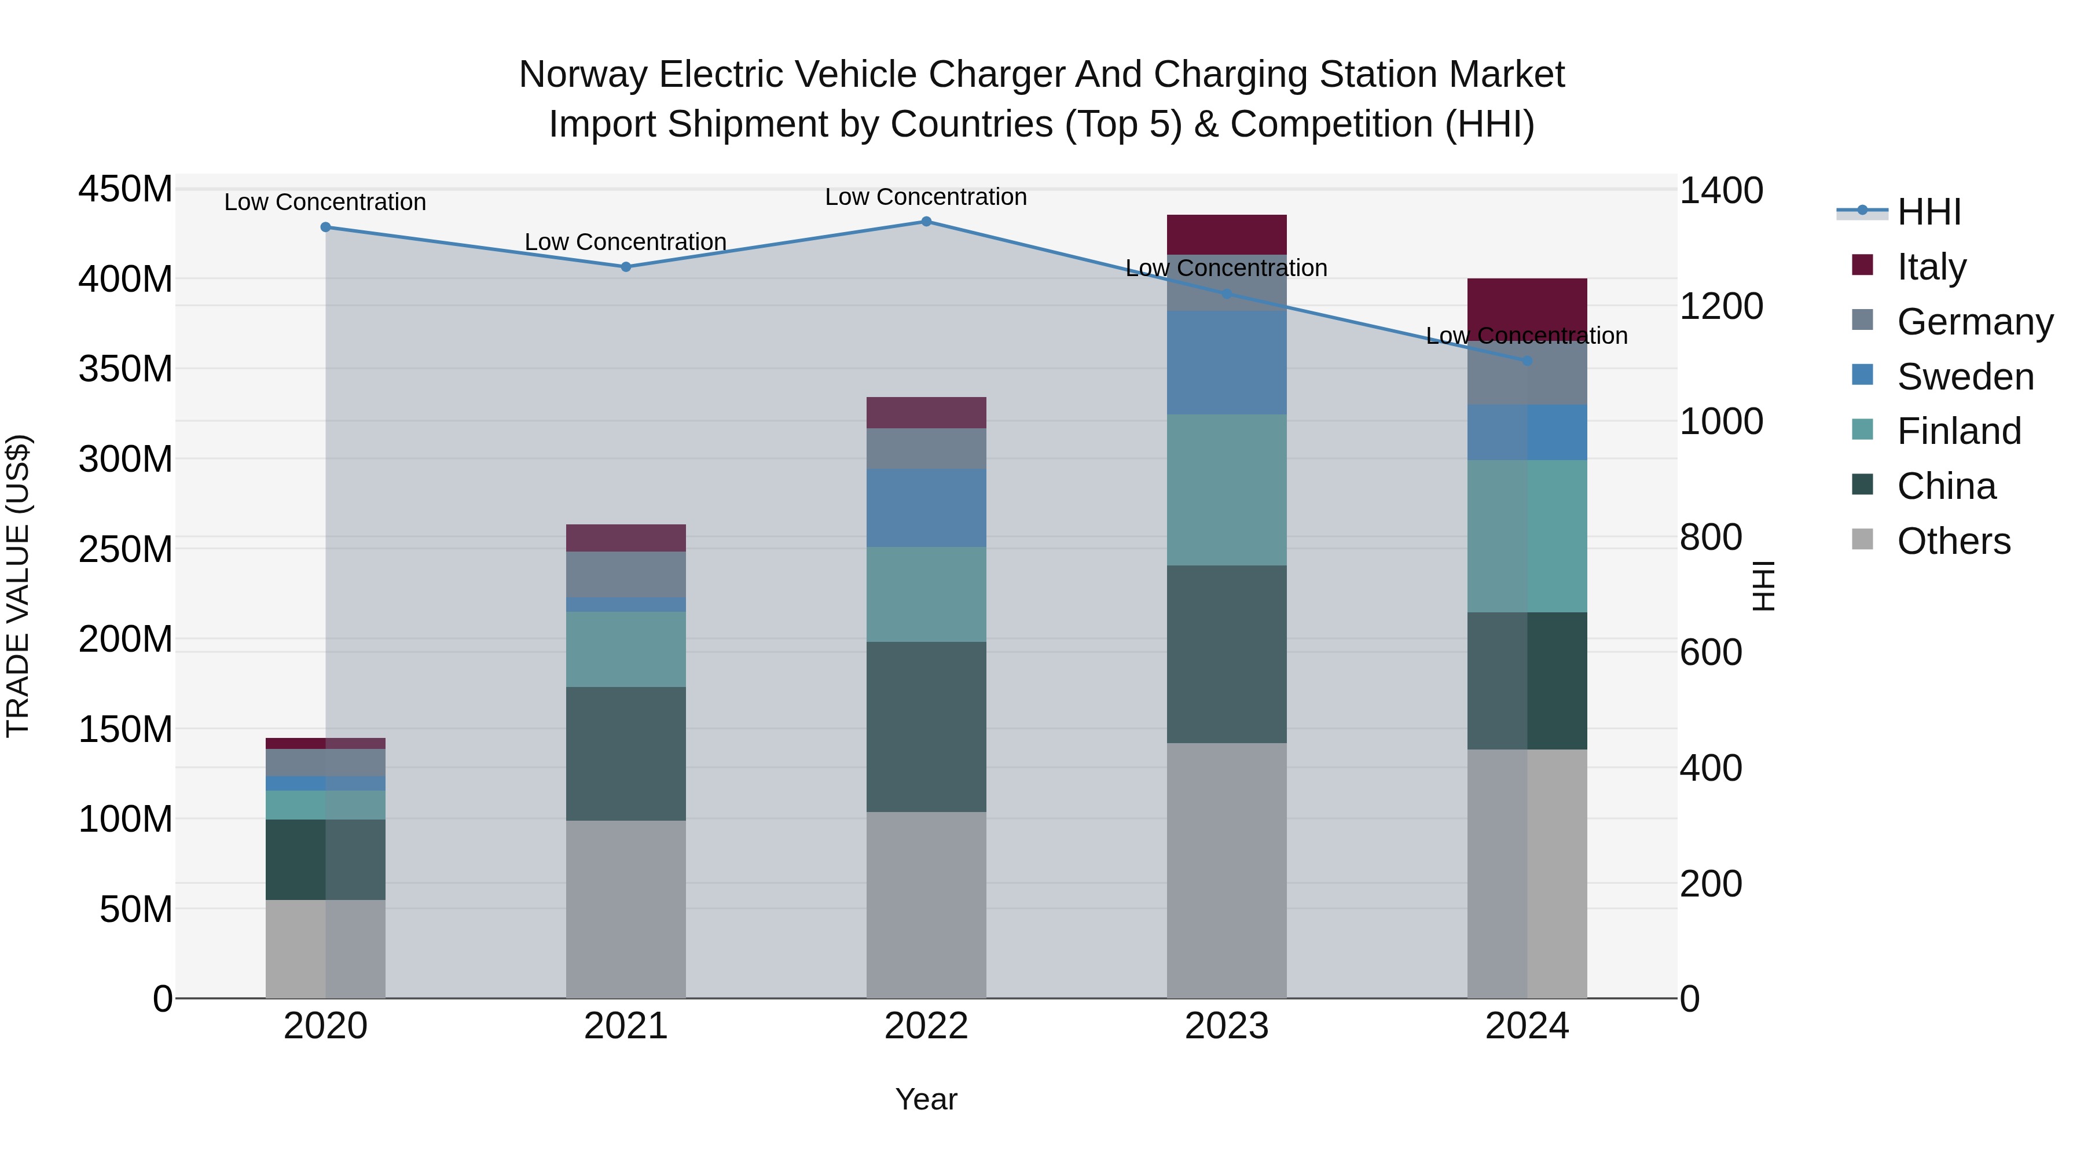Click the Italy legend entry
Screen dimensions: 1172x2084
tap(1931, 267)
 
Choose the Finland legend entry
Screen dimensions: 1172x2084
tap(1958, 431)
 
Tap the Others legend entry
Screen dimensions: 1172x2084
tap(1953, 541)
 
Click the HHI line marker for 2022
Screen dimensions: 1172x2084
tap(926, 222)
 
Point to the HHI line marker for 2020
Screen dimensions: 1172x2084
tap(326, 227)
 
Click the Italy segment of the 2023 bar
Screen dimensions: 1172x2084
tap(1227, 234)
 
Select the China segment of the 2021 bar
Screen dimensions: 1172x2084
tap(625, 754)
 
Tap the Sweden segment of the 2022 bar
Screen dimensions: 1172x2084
tap(926, 508)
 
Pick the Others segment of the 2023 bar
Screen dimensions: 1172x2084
tap(1227, 870)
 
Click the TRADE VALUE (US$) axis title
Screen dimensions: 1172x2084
tap(18, 586)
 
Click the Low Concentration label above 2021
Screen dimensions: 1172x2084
tap(625, 242)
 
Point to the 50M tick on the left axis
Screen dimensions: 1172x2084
tap(135, 910)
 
